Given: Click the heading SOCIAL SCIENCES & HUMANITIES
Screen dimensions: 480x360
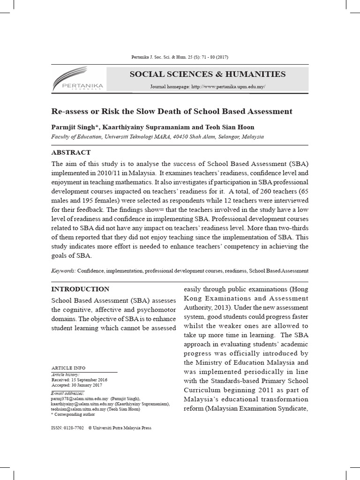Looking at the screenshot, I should (207, 74).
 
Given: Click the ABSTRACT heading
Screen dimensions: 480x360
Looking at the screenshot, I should (71, 152).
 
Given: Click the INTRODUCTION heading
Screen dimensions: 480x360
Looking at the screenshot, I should (80, 289).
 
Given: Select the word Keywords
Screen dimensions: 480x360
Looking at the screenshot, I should (63, 271).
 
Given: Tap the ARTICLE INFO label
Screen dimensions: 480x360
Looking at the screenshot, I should (68, 368).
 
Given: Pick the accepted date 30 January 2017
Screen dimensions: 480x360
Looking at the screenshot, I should (86, 385).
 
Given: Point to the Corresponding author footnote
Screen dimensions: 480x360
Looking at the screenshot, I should (74, 414).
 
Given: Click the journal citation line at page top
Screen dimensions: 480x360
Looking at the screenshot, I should (180, 57).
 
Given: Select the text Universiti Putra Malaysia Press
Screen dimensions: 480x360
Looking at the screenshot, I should (123, 428).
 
